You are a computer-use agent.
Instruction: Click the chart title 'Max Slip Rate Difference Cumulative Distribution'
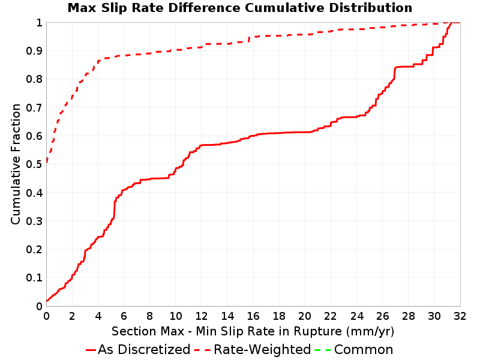[239, 8]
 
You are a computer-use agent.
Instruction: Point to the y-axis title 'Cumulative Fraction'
[16, 164]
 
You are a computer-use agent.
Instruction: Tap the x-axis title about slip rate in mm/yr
[253, 331]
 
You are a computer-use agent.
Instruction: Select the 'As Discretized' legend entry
[138, 349]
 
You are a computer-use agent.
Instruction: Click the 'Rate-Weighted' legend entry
[253, 349]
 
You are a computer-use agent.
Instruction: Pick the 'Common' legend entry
[354, 349]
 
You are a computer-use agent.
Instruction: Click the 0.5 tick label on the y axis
[34, 164]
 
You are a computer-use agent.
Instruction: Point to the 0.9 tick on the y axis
[34, 50]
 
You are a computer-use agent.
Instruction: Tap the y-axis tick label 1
[39, 22]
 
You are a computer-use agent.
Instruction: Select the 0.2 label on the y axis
[34, 249]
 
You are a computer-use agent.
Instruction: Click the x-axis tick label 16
[253, 316]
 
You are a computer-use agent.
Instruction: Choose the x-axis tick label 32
[460, 316]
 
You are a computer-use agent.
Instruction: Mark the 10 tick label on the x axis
[176, 316]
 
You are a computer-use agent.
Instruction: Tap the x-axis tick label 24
[356, 316]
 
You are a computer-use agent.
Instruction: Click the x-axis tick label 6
[124, 316]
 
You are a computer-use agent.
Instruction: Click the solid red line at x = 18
[279, 133]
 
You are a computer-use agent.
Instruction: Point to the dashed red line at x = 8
[149, 53]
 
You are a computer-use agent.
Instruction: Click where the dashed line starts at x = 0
[47, 161]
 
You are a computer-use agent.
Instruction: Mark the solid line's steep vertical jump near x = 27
[395, 73]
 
